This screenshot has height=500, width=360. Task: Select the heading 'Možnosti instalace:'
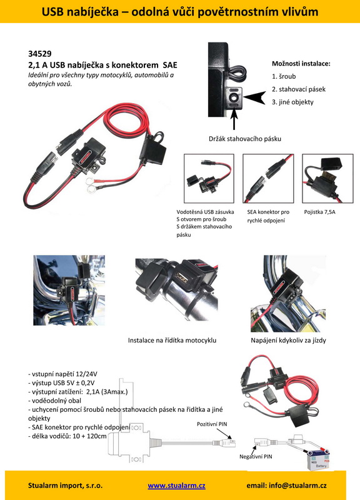point(301,64)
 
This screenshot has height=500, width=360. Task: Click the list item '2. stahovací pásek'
point(299,89)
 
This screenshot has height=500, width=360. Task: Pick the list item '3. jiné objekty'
point(292,102)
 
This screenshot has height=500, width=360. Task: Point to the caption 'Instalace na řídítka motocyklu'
point(172,341)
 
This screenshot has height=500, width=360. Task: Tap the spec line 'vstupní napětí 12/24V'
point(64,374)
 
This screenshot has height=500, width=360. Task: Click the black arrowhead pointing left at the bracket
point(258,97)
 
